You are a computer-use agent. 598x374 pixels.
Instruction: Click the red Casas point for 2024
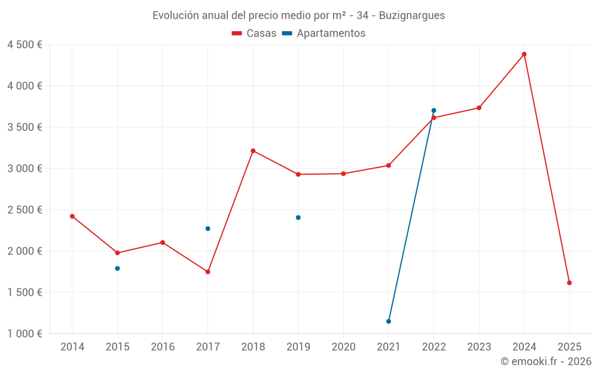pos(524,54)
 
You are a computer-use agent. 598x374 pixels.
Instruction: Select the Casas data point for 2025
pos(569,283)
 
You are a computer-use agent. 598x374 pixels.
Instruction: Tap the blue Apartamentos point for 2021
pos(389,321)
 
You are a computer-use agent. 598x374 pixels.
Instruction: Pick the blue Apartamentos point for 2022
pos(434,111)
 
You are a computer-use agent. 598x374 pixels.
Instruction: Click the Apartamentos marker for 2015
pos(117,269)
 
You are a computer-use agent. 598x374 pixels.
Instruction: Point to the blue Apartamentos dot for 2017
pos(208,229)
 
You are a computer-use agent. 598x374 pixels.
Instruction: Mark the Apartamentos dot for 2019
pos(298,218)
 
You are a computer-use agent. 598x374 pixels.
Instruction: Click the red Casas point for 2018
pos(253,151)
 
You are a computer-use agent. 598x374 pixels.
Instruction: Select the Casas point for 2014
pos(72,217)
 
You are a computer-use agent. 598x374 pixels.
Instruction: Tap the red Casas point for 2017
pos(208,272)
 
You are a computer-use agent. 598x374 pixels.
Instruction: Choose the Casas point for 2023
pos(479,108)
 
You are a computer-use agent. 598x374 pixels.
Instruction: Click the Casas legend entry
pos(254,34)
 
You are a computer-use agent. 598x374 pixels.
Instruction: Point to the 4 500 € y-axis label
pos(25,45)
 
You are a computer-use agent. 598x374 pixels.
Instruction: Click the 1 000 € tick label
pos(25,334)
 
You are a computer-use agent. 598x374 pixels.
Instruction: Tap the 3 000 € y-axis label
pos(25,169)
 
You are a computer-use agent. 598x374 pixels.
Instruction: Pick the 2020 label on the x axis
pos(343,347)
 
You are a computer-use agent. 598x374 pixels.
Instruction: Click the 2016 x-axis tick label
pos(163,347)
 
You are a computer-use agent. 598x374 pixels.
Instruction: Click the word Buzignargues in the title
pos(412,16)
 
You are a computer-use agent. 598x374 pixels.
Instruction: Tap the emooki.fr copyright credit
pos(546,361)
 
